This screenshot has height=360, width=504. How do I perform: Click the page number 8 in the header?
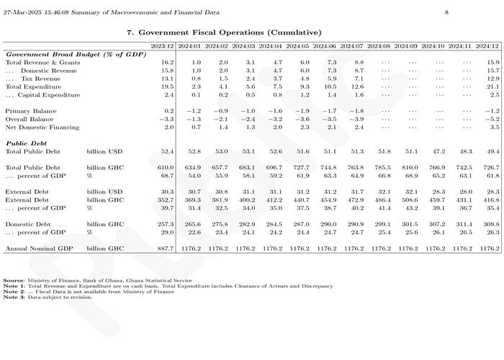pyautogui.click(x=446, y=12)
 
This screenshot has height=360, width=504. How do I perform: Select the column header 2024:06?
pyautogui.click(x=324, y=46)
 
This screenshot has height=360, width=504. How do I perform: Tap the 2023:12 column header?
pyautogui.click(x=162, y=46)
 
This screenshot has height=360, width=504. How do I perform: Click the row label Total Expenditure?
pyautogui.click(x=33, y=87)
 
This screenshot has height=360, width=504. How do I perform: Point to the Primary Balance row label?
pyautogui.click(x=31, y=111)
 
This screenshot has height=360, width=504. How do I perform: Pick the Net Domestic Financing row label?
pyautogui.click(x=42, y=127)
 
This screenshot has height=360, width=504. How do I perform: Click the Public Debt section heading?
pyautogui.click(x=26, y=143)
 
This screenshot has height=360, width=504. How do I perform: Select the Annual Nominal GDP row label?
pyautogui.click(x=39, y=248)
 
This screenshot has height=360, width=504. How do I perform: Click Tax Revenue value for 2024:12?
pyautogui.click(x=493, y=78)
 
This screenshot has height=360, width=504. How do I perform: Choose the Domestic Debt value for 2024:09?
pyautogui.click(x=409, y=224)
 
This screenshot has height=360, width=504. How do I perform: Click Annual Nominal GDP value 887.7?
pyautogui.click(x=166, y=248)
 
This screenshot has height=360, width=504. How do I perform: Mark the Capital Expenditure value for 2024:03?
pyautogui.click(x=250, y=95)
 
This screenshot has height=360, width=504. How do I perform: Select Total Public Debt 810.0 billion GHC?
pyautogui.click(x=409, y=168)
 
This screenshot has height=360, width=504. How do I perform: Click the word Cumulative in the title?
pyautogui.click(x=296, y=32)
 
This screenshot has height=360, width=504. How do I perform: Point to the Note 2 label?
pyautogui.click(x=14, y=292)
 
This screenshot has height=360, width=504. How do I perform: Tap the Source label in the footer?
pyautogui.click(x=14, y=281)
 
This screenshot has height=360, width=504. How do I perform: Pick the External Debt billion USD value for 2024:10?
pyautogui.click(x=438, y=192)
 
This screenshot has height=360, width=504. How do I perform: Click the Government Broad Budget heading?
pyautogui.click(x=76, y=55)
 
